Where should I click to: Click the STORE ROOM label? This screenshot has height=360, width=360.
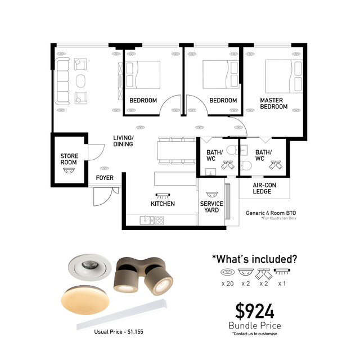69,159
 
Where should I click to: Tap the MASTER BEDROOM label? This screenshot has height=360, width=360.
274,103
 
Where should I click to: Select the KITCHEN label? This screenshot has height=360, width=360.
163,204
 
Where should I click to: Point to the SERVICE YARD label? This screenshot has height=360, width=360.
211,207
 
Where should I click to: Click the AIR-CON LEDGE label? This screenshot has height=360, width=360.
264,188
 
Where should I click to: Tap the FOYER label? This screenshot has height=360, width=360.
105,178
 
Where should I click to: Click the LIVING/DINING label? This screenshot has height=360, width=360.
123,141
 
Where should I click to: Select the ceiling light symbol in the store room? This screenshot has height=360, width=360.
69,170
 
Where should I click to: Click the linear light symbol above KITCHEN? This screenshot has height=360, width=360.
163,196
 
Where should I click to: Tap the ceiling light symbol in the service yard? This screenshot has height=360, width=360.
212,195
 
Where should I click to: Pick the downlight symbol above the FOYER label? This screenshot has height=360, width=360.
105,168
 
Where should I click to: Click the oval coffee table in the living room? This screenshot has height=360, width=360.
81,81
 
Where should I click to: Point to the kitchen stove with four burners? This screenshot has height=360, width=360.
159,220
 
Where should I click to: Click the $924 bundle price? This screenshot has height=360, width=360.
255,311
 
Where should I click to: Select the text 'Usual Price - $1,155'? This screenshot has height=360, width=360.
119,332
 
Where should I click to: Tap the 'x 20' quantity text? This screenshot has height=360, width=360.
227,283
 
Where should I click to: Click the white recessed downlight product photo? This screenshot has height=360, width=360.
90,267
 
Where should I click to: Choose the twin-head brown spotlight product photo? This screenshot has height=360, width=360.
143,276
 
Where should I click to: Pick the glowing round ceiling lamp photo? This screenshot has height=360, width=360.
85,300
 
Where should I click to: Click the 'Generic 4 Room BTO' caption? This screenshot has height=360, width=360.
271,213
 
